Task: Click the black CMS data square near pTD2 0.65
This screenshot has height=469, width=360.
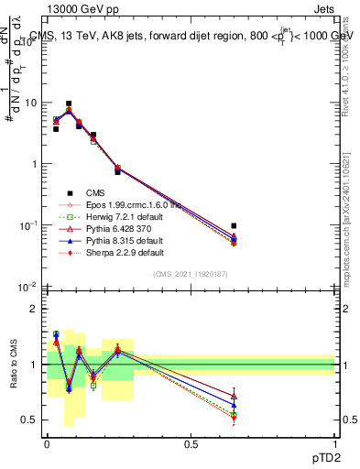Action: [x=234, y=225]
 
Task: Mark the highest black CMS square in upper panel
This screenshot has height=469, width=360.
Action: [x=69, y=104]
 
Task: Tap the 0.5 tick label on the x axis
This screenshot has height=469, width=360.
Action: [x=191, y=442]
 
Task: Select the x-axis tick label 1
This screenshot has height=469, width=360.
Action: [x=334, y=442]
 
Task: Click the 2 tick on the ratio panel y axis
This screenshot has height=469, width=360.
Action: [x=35, y=310]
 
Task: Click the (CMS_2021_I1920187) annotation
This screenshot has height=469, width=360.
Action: [x=191, y=274]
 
